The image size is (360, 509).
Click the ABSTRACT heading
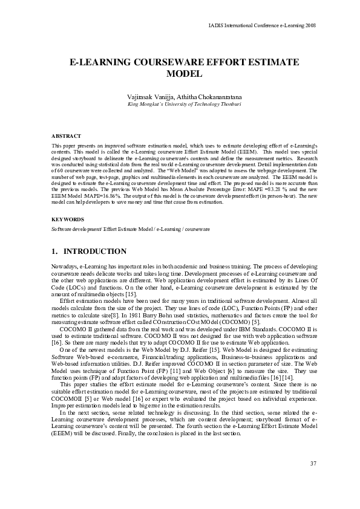[x=67, y=137]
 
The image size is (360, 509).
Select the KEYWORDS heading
[x=67, y=219]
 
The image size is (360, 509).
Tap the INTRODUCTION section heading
[x=96, y=251]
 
